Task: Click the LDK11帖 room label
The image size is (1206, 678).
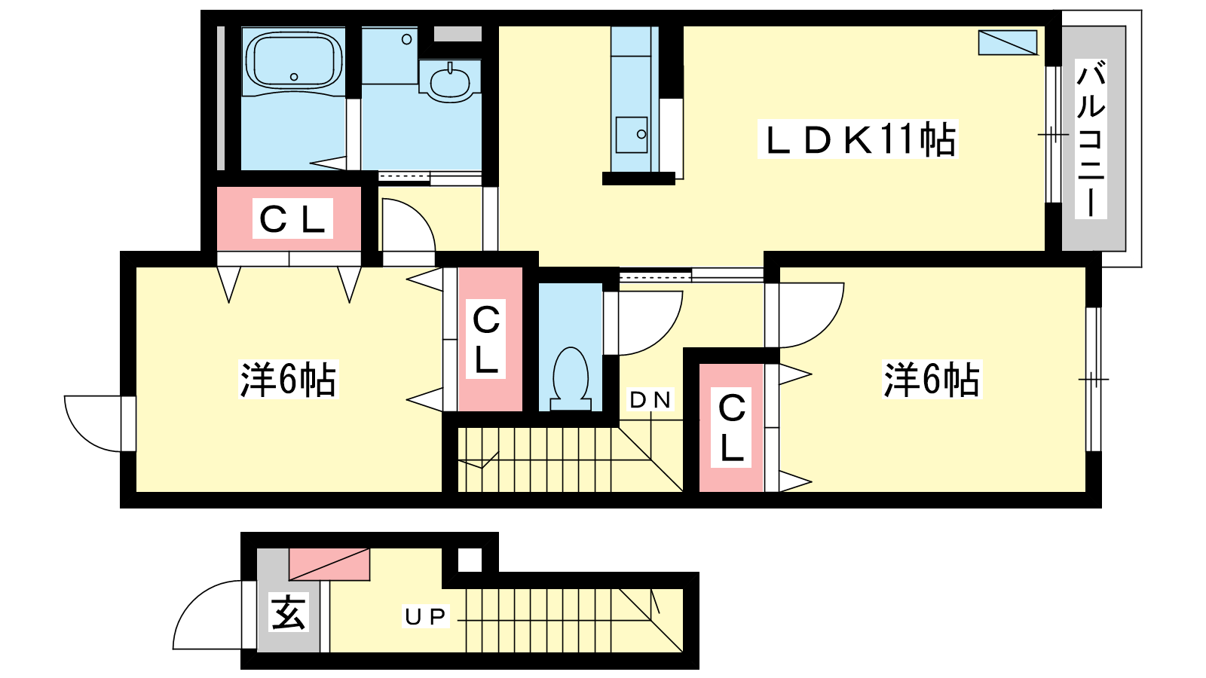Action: (858, 139)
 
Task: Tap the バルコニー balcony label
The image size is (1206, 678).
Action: (1091, 139)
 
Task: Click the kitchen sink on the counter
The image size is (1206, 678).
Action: (632, 135)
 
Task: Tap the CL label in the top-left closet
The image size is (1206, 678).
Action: (293, 219)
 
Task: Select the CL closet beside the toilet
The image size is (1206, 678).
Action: (490, 340)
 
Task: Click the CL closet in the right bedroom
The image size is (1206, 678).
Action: (731, 428)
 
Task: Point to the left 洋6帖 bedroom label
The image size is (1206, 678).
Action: (288, 380)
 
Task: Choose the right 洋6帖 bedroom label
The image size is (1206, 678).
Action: (932, 380)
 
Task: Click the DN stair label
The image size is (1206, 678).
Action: (650, 400)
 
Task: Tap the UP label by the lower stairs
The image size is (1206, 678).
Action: (425, 617)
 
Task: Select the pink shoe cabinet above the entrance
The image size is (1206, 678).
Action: (329, 564)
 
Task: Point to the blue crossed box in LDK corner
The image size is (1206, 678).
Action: (1008, 42)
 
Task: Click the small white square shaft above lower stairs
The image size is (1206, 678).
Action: (470, 560)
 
